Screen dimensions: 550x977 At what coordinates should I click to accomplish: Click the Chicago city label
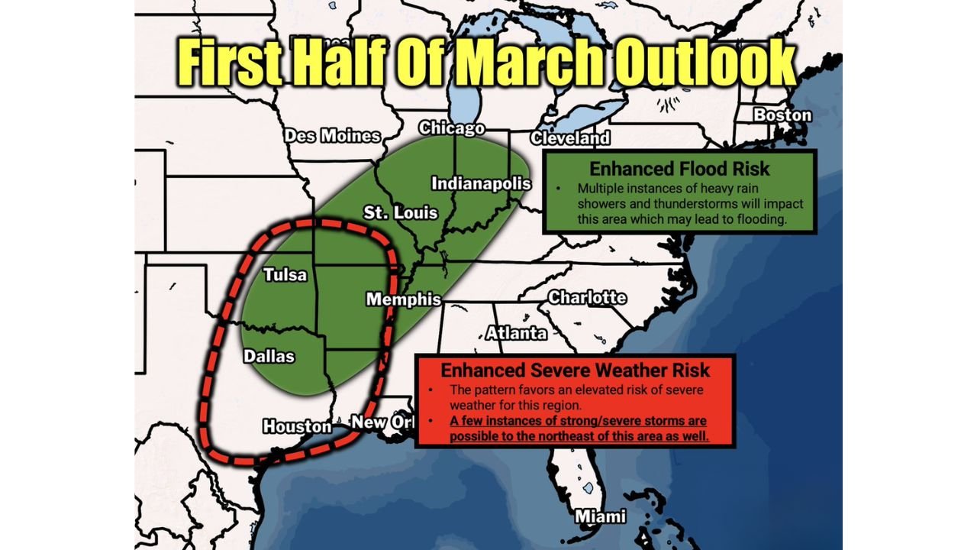pos(452,128)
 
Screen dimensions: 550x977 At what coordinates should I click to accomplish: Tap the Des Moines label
pos(332,136)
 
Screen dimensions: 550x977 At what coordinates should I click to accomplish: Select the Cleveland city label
pos(570,138)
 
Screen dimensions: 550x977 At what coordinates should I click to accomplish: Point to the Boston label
pos(782,115)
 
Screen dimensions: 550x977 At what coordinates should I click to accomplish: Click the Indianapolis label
pos(481,183)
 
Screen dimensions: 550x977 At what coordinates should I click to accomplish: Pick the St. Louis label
pos(401,212)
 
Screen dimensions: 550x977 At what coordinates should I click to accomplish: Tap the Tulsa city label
pos(285,275)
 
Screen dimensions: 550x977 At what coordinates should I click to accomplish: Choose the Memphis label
pos(403,299)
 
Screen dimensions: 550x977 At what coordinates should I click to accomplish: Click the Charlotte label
pos(587,297)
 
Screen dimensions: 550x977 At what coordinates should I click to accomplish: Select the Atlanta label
pos(517,333)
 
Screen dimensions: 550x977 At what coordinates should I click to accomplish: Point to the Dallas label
pos(269,356)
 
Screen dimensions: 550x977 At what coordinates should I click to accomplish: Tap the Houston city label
pos(297,426)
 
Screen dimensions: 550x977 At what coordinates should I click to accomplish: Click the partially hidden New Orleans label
pos(381,422)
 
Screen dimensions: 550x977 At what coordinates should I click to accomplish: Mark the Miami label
pos(600,516)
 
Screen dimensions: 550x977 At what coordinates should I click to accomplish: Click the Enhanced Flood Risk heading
pos(679,169)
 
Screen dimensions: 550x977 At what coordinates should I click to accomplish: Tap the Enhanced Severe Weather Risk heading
pos(576,370)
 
